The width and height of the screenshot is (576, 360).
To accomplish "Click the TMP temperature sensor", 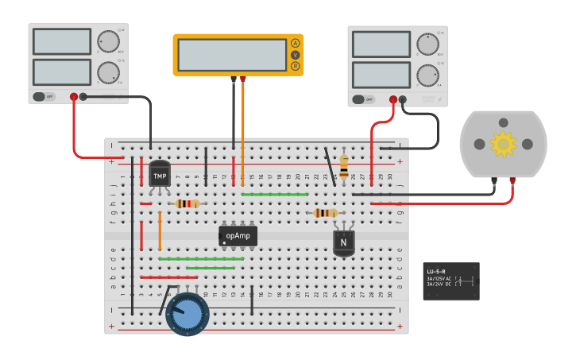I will point(160,175).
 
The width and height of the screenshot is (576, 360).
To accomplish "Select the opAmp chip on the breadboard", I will point(238,235).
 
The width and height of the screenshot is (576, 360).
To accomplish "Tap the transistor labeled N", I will point(343,242).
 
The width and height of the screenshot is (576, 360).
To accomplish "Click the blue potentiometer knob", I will point(188,314).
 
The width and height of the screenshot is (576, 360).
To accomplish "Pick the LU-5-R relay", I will point(450,281).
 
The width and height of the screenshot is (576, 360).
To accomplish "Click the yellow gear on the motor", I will point(502,144).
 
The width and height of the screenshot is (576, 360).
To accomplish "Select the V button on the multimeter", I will point(295,55).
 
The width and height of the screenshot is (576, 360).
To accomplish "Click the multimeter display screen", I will point(232,55).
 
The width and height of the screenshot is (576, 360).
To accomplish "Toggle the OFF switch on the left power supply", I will point(44,97).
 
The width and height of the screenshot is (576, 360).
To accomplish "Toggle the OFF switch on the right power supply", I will point(363,99).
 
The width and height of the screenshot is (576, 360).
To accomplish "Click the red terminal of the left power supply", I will point(74,97).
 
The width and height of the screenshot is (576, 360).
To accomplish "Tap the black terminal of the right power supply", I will point(403,99).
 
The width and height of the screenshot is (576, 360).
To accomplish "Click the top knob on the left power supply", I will point(107,41).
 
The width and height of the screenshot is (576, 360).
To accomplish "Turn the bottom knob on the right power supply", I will point(427,75).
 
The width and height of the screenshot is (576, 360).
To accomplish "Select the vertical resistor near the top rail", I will point(343,167).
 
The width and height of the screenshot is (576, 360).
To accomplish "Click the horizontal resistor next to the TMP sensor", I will point(187,203).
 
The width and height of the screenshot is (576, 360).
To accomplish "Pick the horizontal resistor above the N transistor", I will point(325,212).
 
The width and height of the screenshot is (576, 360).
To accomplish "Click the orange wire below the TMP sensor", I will point(160,230).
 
